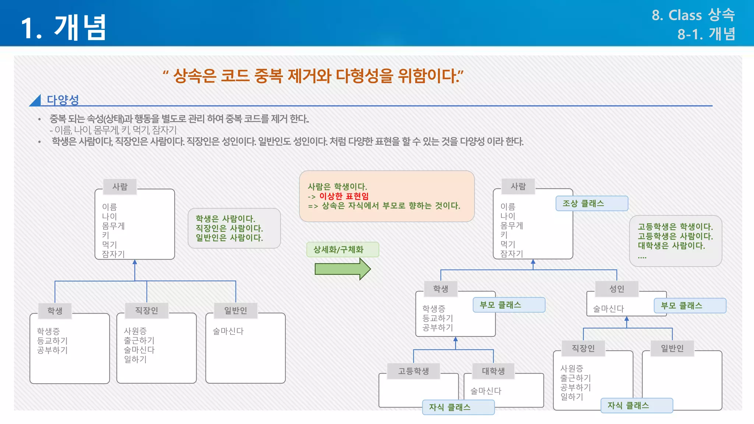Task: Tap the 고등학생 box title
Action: (x=413, y=371)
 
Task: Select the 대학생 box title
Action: (x=493, y=371)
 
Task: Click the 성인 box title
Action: (x=617, y=289)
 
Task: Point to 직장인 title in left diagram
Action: (x=147, y=311)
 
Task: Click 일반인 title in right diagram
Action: (x=672, y=348)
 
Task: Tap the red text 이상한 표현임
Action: (x=343, y=196)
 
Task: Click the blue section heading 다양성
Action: (x=63, y=99)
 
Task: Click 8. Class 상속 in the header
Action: (x=693, y=15)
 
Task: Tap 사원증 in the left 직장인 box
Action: (x=135, y=331)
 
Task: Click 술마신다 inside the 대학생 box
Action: (x=486, y=391)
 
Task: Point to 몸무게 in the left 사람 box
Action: (x=113, y=226)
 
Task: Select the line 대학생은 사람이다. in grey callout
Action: (x=671, y=246)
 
